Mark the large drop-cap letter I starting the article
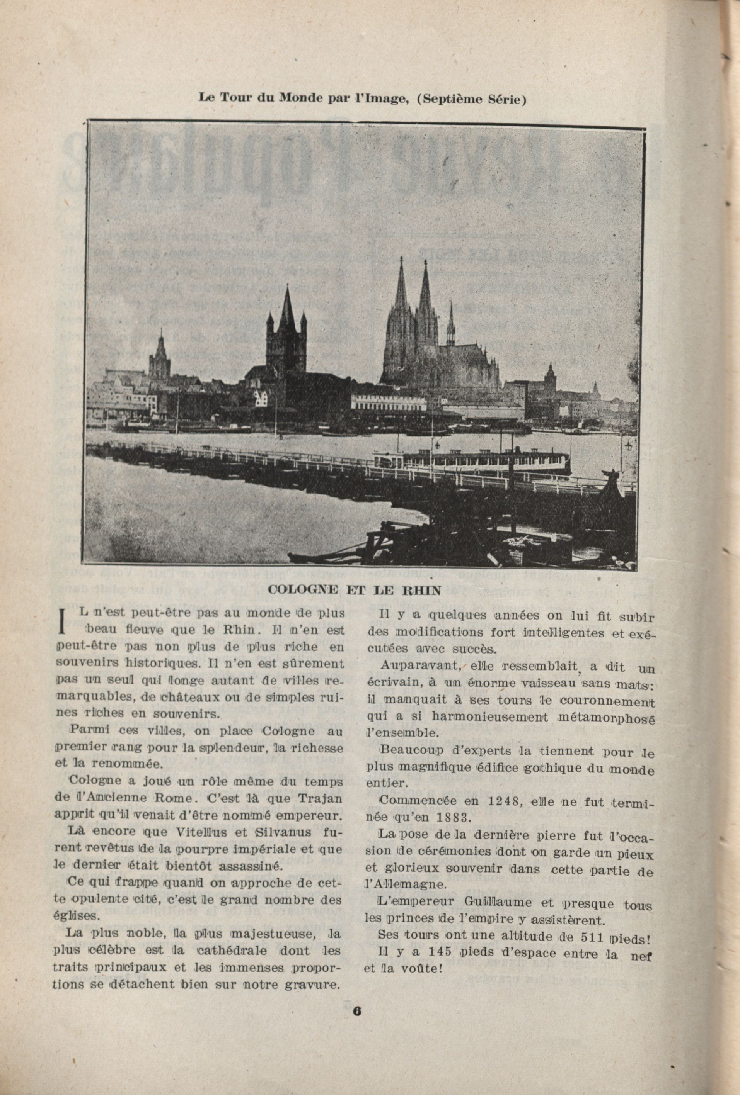(x=62, y=621)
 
